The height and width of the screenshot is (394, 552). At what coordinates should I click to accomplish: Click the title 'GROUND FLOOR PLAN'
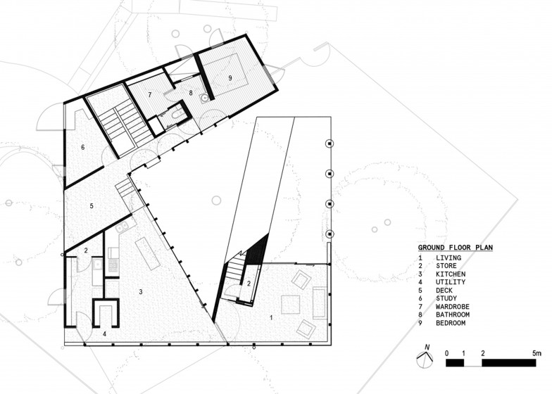455,248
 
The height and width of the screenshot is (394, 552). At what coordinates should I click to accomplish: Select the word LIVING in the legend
448,258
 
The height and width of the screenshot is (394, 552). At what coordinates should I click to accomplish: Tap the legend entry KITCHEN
451,274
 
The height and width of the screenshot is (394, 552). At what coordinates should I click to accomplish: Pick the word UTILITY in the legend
451,282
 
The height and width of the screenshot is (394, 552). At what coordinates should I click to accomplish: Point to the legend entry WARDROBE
452,307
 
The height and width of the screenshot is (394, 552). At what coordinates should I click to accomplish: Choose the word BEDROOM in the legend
451,323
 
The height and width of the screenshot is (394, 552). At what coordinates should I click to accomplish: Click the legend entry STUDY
446,298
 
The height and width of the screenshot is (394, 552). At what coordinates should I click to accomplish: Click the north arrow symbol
425,358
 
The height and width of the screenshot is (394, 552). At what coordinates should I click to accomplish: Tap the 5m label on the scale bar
537,353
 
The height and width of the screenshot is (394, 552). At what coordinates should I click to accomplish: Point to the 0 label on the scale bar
446,353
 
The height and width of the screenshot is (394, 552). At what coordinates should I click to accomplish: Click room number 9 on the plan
230,78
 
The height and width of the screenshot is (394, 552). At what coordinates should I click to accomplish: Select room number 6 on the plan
83,147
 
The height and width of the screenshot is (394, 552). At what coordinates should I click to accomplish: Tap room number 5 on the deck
92,205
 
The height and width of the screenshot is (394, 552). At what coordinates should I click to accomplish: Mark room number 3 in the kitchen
141,291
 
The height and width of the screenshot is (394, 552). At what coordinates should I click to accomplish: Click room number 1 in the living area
271,318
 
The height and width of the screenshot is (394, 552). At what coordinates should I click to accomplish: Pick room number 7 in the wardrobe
149,94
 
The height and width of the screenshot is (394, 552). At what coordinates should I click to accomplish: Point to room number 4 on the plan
104,334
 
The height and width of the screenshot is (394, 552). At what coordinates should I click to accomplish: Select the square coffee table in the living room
290,305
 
